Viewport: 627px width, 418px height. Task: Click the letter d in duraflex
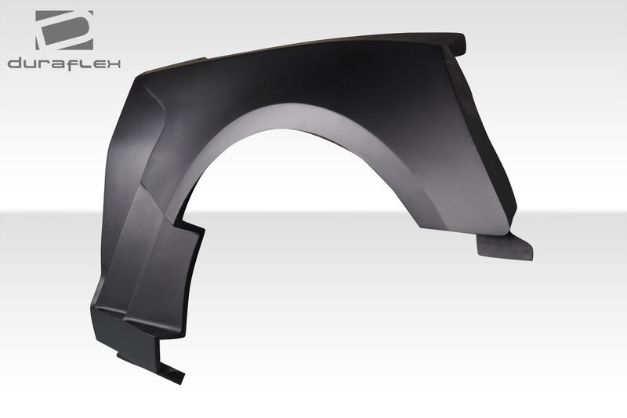click(16, 63)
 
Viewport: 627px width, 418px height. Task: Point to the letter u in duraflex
click(30, 63)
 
